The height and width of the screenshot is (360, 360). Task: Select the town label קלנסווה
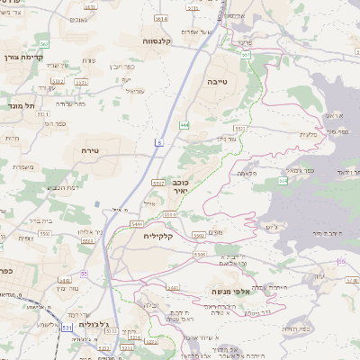tap(157, 41)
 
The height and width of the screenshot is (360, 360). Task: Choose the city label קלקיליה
tap(163, 236)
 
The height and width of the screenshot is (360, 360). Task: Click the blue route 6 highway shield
tap(158, 142)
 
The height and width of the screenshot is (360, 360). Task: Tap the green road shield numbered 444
tap(184, 125)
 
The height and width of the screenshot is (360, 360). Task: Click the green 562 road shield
tap(43, 44)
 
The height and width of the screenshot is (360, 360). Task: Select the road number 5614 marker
tap(161, 18)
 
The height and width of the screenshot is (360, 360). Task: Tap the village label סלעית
tap(307, 134)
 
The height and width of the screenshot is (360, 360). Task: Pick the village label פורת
tap(88, 62)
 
